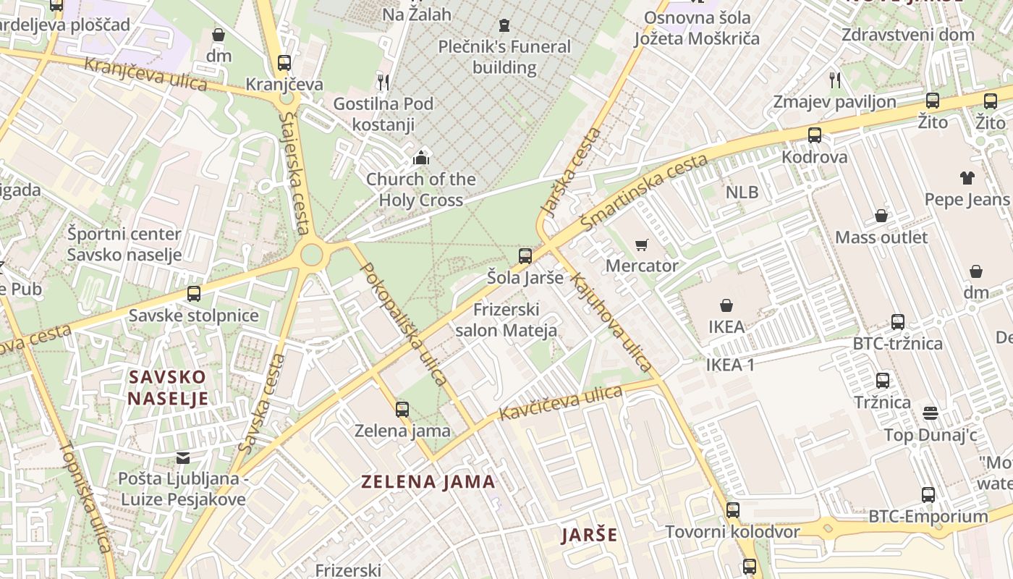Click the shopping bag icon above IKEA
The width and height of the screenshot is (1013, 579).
click(726, 305)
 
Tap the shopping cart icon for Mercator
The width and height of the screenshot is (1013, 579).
click(641, 245)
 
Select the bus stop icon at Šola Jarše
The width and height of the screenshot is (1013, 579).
click(525, 255)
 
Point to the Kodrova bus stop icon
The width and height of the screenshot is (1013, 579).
click(815, 135)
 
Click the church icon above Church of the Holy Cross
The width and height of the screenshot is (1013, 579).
click(420, 157)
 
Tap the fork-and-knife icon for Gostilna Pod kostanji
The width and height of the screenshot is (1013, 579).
click(383, 82)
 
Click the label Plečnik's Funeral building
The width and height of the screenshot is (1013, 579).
click(504, 57)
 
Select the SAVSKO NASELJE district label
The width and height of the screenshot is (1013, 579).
click(168, 387)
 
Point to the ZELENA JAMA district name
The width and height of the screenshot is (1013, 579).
click(428, 481)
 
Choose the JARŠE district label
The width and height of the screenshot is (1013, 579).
click(590, 535)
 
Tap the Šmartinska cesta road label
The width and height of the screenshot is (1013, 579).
click(644, 193)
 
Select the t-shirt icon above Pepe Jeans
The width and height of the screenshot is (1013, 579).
click(967, 178)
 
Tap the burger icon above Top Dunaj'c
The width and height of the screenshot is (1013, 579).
click(931, 413)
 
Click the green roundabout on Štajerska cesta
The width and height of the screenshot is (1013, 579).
click(312, 254)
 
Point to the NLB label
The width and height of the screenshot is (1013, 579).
click(742, 192)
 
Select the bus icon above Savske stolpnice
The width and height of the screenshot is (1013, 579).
click(194, 294)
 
